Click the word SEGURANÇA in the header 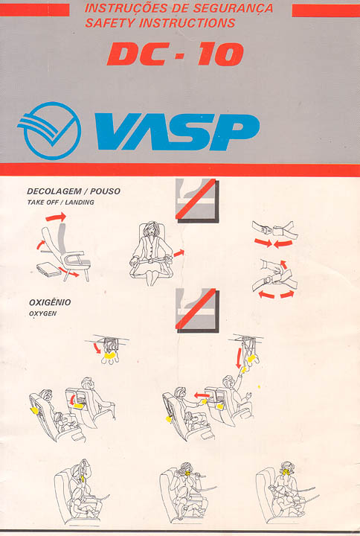(x=233, y=8)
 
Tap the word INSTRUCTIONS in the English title (x=187, y=23)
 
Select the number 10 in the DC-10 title (x=221, y=54)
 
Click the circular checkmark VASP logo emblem (x=49, y=130)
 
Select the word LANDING (x=80, y=202)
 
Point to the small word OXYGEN (x=42, y=313)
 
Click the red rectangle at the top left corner (x=34, y=10)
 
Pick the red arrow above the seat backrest (x=56, y=217)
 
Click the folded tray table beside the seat (x=49, y=269)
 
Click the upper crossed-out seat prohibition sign (x=197, y=200)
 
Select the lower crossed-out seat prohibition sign (x=197, y=310)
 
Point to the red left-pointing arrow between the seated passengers (x=202, y=395)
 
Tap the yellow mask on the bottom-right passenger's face (x=286, y=473)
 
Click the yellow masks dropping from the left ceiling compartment (x=109, y=356)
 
